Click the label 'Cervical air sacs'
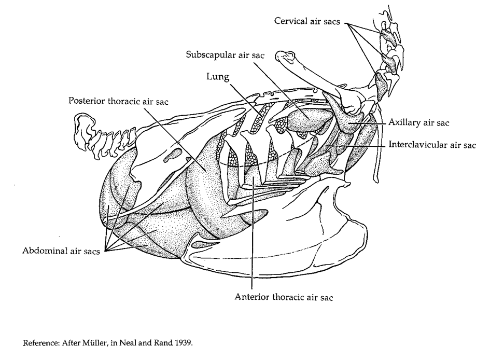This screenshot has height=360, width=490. [308, 21]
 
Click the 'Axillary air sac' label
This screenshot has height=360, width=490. [418, 123]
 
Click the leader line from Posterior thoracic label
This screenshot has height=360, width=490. [171, 130]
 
